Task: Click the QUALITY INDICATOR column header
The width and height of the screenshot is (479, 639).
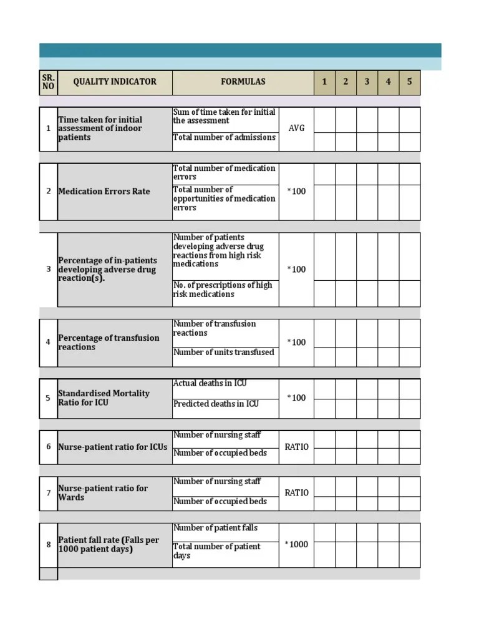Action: (114, 82)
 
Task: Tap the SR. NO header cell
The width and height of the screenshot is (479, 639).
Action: (48, 82)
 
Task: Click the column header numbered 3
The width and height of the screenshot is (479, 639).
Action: (367, 82)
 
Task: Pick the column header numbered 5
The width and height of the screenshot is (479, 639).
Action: (409, 82)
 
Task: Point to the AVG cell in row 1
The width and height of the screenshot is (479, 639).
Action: (296, 129)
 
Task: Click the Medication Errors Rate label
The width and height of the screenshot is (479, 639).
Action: (104, 192)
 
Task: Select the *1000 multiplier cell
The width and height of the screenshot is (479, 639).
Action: (296, 544)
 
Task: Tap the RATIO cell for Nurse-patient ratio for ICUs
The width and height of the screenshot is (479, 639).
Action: (296, 447)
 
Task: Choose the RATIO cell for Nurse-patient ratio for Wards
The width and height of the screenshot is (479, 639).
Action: (296, 493)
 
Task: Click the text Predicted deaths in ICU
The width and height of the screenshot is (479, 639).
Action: (216, 404)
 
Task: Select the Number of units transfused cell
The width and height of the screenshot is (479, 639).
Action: (223, 353)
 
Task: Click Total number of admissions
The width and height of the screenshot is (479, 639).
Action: (224, 137)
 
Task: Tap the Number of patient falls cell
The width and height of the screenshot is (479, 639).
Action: (215, 528)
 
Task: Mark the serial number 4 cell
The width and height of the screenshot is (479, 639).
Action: (48, 342)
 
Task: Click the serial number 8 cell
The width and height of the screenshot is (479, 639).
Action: (48, 545)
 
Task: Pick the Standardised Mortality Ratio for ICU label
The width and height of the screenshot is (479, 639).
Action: (104, 398)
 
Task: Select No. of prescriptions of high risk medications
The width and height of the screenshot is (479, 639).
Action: (223, 290)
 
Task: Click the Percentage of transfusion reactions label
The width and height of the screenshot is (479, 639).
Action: (109, 342)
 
